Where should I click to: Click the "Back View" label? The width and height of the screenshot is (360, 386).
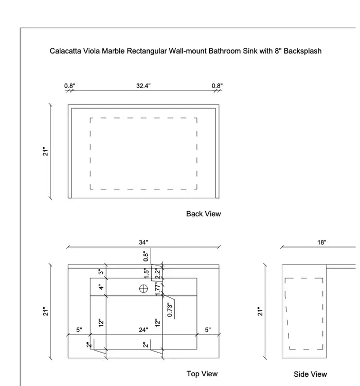(x=203, y=214)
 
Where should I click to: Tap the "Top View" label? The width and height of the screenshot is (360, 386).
(x=202, y=374)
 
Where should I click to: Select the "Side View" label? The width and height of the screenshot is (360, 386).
(x=310, y=374)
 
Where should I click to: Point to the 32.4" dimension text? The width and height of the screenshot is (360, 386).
(x=143, y=86)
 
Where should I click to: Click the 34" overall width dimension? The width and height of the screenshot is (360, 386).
(x=143, y=242)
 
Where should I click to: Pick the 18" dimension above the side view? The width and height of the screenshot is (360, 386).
(x=321, y=242)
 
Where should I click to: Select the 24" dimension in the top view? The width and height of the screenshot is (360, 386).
(x=143, y=330)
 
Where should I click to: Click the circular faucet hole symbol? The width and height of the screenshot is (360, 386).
(x=143, y=288)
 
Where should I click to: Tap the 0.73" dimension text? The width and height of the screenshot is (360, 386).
(x=170, y=309)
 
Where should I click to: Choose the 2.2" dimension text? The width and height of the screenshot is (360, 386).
(x=158, y=272)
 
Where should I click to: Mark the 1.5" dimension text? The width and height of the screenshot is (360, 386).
(x=147, y=272)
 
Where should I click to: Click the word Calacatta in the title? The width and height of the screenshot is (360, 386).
(x=66, y=51)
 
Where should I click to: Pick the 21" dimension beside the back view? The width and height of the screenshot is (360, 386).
(x=45, y=151)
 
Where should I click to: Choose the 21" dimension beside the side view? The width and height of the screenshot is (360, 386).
(x=260, y=311)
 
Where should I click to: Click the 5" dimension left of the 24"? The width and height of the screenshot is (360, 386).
(x=79, y=330)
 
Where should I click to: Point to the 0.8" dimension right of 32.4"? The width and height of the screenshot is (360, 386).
(x=217, y=86)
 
